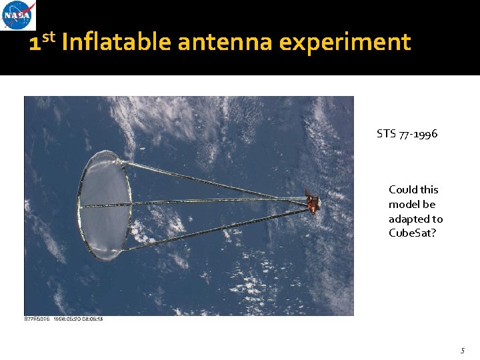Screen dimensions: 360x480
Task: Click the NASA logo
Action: click(19, 15)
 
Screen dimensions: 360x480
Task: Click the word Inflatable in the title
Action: click(117, 43)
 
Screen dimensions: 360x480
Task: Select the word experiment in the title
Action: click(345, 43)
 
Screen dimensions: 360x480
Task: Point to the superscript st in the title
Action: click(49, 37)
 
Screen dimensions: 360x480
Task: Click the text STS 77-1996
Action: click(407, 134)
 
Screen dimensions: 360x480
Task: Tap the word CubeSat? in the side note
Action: click(413, 233)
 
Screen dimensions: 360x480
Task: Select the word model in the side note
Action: click(403, 205)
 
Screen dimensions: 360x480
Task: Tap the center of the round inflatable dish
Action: click(104, 205)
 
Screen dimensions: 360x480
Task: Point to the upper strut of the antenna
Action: click(213, 179)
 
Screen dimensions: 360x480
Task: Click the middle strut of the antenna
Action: click(213, 201)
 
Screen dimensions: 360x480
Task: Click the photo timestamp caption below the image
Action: click(63, 319)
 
